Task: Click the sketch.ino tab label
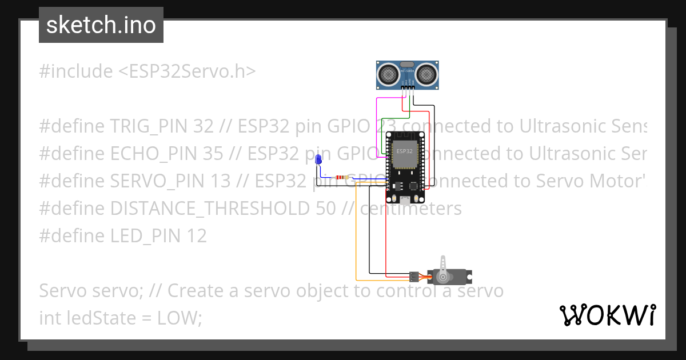coord(101,25)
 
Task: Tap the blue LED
coord(319,160)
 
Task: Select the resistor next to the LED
coord(342,177)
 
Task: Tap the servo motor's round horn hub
coord(442,277)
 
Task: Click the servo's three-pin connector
coord(413,277)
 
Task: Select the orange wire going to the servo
coord(356,240)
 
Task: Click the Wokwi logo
coord(608,315)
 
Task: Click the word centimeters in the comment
coord(410,208)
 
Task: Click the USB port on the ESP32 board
coord(405,200)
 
